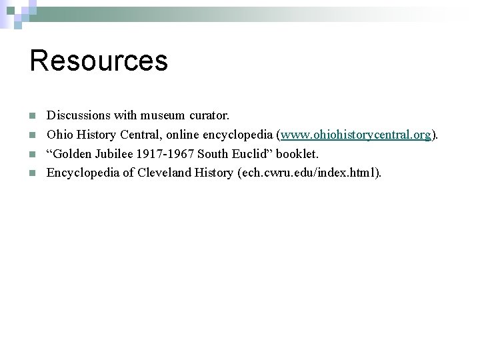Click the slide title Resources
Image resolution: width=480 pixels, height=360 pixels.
pyautogui.click(x=99, y=60)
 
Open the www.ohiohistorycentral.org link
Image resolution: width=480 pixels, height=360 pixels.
pyautogui.click(x=356, y=135)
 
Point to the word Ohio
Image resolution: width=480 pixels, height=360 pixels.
pyautogui.click(x=58, y=135)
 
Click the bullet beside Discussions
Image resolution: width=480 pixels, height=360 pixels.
pyautogui.click(x=33, y=116)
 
